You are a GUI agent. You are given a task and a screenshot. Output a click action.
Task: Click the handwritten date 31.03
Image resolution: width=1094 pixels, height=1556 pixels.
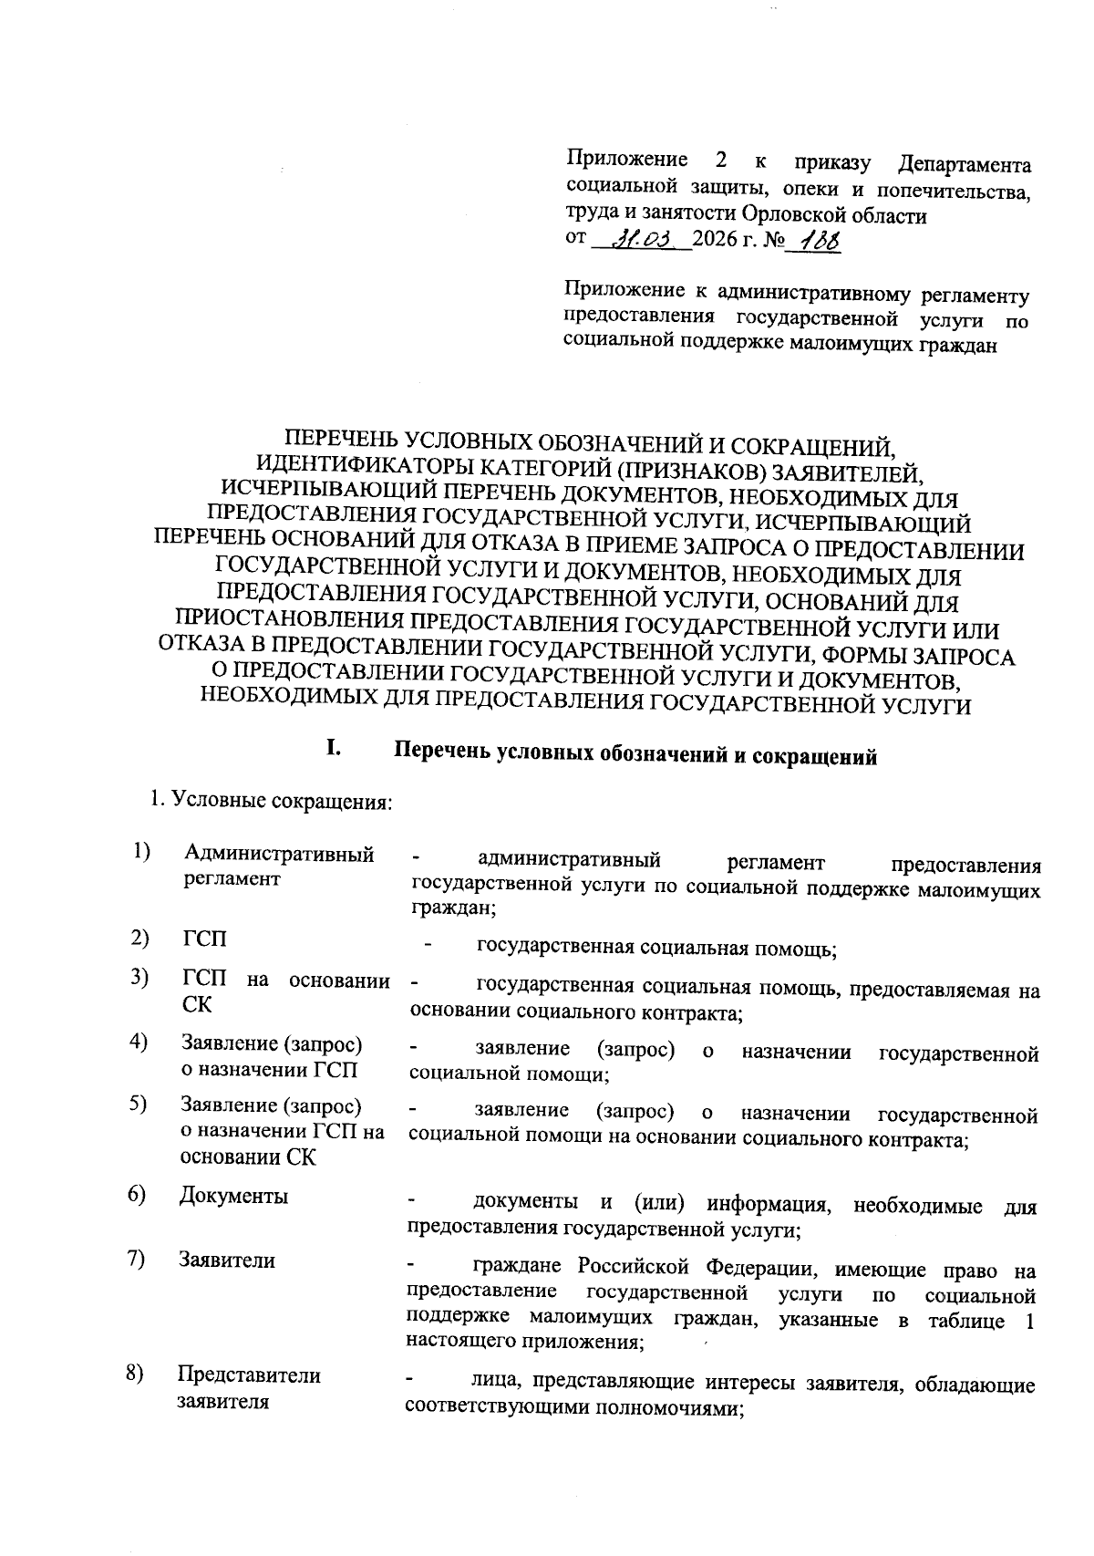click(x=644, y=241)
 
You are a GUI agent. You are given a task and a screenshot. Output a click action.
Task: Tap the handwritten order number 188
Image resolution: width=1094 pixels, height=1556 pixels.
click(x=818, y=242)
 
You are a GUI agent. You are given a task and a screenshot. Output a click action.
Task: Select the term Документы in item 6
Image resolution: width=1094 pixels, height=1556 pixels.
click(x=233, y=1196)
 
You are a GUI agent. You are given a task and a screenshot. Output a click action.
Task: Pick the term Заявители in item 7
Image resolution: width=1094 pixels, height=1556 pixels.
click(x=227, y=1260)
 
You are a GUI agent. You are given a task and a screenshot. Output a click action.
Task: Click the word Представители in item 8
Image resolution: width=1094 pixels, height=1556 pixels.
click(x=249, y=1375)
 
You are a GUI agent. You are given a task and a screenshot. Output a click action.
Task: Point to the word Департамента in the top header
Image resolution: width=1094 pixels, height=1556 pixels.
click(x=965, y=165)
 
